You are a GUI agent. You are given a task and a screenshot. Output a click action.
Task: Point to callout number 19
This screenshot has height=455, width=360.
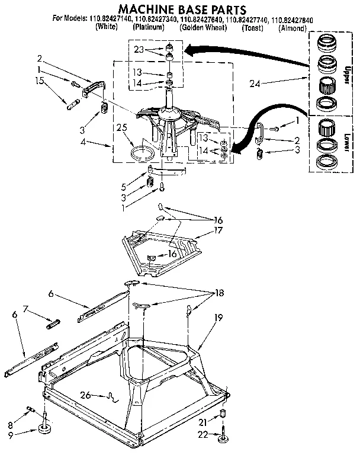[218, 318]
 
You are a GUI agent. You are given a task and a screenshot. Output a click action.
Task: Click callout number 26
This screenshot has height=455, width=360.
[85, 396]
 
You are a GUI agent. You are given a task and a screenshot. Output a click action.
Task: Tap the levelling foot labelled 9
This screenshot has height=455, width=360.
[45, 429]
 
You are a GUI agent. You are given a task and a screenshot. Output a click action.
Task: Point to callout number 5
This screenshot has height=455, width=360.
[123, 187]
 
